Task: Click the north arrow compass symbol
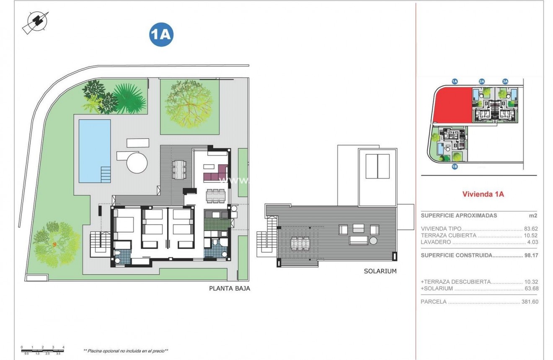(35, 22)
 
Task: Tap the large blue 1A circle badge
(161, 35)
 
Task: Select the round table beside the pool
(137, 163)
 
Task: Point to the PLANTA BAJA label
(230, 288)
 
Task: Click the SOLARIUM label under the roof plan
(380, 271)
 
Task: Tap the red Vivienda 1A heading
(482, 194)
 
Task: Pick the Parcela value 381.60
(529, 302)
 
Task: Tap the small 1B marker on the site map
(455, 166)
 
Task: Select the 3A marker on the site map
(505, 81)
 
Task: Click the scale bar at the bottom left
(42, 347)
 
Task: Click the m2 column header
(533, 215)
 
